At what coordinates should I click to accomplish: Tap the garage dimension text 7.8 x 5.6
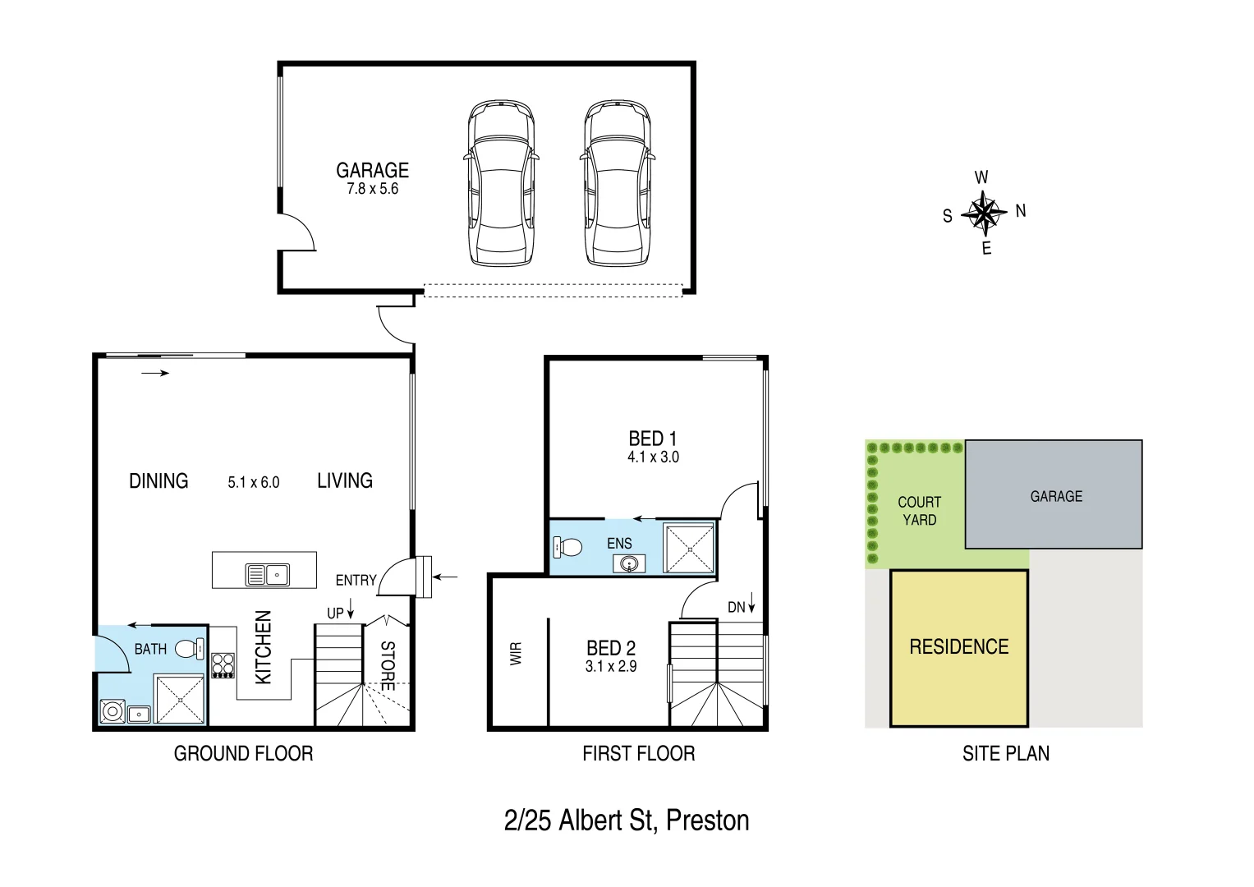click(x=372, y=189)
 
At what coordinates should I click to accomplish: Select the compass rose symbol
click(x=984, y=213)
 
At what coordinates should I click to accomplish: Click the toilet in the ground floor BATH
click(x=190, y=648)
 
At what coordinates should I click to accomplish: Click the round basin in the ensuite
click(x=629, y=564)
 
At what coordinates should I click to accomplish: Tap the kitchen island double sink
click(x=267, y=575)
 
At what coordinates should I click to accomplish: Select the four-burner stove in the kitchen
click(x=223, y=664)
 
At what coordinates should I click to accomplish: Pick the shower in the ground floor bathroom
click(x=179, y=700)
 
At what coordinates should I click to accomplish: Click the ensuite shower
click(x=689, y=547)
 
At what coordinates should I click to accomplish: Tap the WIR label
click(x=516, y=654)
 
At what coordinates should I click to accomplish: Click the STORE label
click(x=388, y=665)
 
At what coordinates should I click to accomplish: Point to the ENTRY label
click(x=356, y=581)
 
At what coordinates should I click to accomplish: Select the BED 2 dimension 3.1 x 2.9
click(x=610, y=667)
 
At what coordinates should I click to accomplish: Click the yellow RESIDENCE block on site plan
click(x=958, y=647)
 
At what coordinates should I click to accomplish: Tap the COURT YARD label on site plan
click(x=919, y=511)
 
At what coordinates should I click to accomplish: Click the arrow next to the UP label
click(x=351, y=609)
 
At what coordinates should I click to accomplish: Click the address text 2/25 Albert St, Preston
click(x=627, y=820)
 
